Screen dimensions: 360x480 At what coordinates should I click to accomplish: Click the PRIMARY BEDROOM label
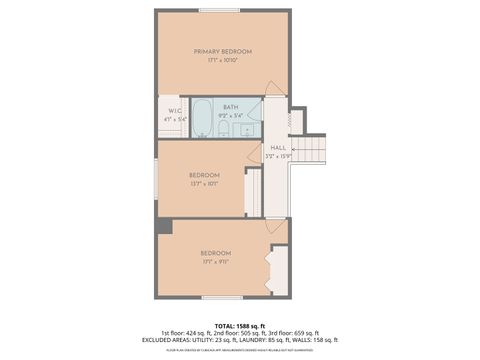[222, 51]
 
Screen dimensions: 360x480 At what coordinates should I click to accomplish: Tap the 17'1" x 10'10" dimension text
[222, 61]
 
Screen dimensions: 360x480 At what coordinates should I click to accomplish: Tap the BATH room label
[230, 106]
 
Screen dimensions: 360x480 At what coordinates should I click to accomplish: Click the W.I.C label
[174, 110]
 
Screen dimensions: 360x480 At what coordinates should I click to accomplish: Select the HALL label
[277, 147]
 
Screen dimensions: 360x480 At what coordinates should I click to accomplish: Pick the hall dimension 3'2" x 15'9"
[277, 156]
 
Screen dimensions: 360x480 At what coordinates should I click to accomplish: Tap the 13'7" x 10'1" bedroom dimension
[204, 184]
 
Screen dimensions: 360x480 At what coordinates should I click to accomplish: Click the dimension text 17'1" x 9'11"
[215, 262]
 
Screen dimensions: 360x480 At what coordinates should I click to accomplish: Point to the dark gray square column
[163, 226]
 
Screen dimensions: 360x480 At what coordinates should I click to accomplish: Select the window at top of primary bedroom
[219, 11]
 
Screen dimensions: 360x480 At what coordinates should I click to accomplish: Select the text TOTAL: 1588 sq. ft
[240, 326]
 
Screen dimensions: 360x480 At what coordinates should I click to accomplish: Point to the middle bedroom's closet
[254, 192]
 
